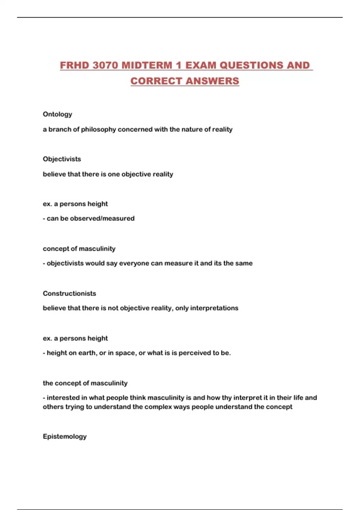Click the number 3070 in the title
click(x=105, y=65)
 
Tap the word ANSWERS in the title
click(x=212, y=81)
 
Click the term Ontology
click(x=57, y=114)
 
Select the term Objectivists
click(x=62, y=159)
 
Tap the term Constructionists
click(x=69, y=293)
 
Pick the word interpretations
click(x=214, y=308)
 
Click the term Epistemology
click(x=64, y=436)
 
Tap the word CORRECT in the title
click(x=156, y=81)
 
